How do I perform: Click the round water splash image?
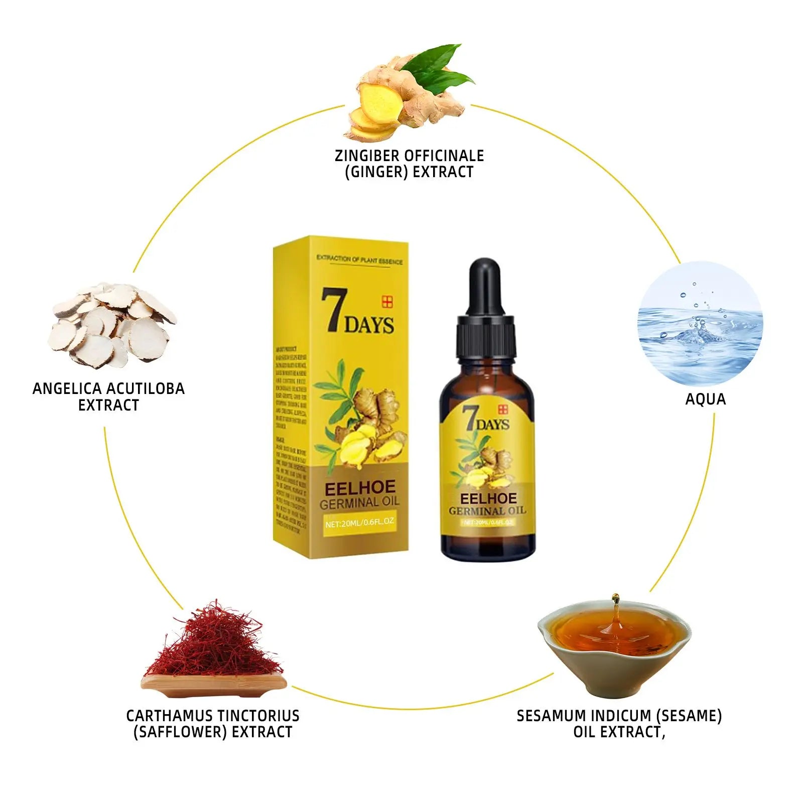[x=700, y=323]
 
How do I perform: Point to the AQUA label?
[x=705, y=399]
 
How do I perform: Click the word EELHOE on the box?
[x=360, y=488]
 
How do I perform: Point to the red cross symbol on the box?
[x=387, y=302]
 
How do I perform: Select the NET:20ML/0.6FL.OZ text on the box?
[x=359, y=522]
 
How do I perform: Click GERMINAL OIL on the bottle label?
[x=487, y=511]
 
